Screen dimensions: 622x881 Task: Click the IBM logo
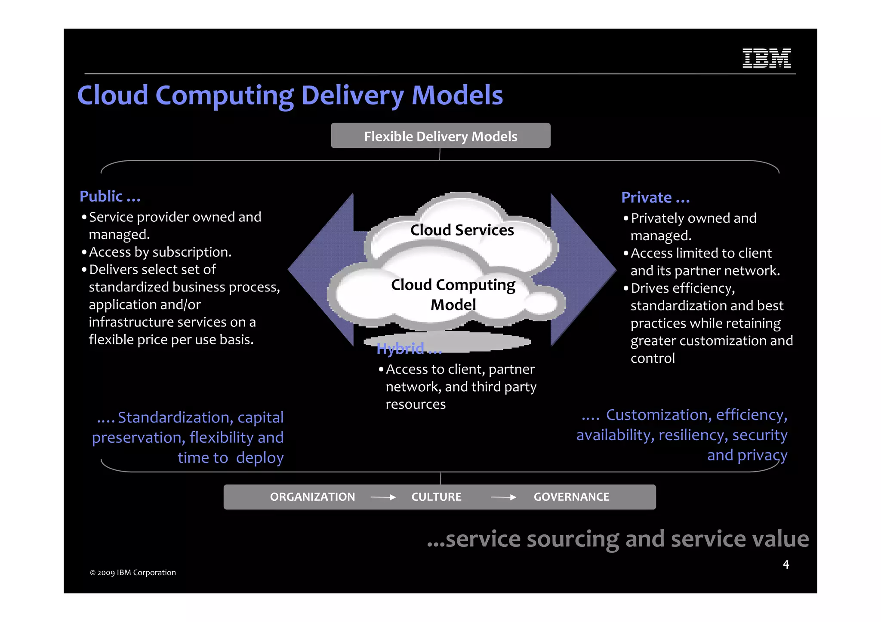(766, 58)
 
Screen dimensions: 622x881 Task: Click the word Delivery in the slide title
(352, 95)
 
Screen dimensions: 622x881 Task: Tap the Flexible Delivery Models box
(440, 136)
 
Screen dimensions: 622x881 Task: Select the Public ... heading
(110, 196)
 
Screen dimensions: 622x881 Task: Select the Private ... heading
(655, 198)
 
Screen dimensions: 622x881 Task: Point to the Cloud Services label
(462, 230)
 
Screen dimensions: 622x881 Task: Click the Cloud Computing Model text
(453, 294)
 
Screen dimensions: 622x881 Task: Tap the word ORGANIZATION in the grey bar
(312, 497)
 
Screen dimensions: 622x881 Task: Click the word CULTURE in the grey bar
(436, 497)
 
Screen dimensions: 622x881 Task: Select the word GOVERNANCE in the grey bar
(571, 497)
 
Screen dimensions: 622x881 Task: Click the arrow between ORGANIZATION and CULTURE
(383, 497)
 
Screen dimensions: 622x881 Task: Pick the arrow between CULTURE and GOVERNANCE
(503, 497)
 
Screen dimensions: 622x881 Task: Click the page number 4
(786, 564)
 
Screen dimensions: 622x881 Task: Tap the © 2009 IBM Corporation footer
(133, 573)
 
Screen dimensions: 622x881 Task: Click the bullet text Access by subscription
(160, 252)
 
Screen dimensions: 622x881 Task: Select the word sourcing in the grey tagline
(573, 539)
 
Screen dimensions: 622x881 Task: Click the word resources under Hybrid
(416, 404)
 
